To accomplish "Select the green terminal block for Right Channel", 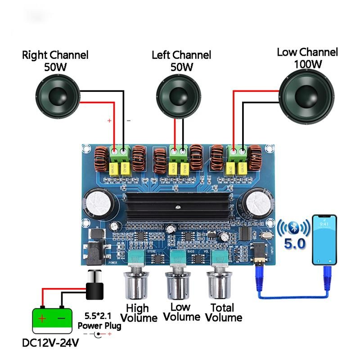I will click(x=119, y=154).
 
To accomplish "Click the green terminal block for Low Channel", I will click(x=237, y=153).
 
